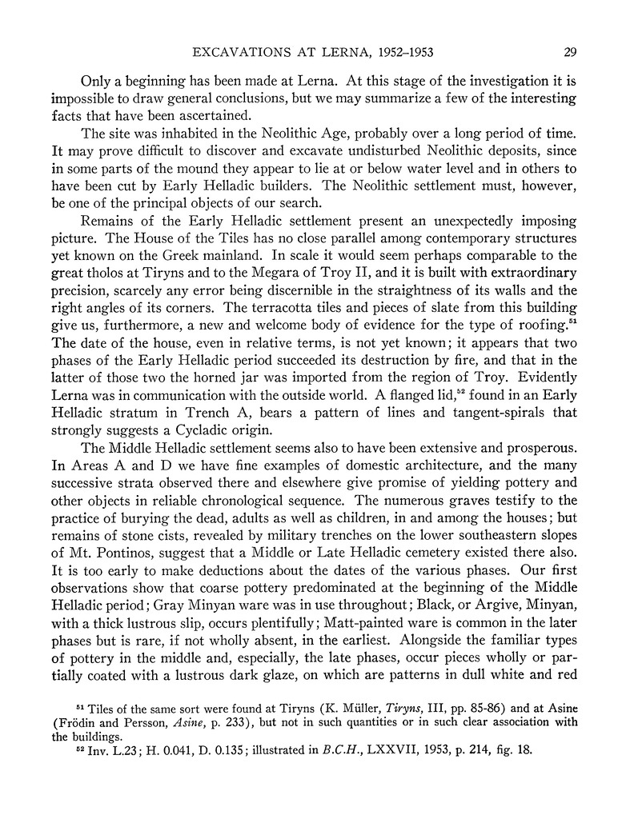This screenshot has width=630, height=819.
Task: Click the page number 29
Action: coord(571,54)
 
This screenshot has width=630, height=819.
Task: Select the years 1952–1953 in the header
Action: coord(404,54)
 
